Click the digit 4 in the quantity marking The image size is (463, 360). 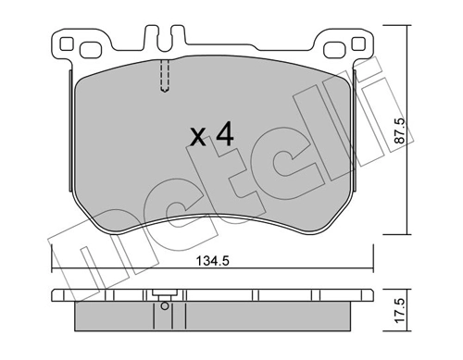(x=223, y=135)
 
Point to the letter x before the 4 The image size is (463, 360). (x=196, y=139)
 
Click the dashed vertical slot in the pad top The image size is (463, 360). (x=163, y=76)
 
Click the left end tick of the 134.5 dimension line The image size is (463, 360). (x=51, y=259)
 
